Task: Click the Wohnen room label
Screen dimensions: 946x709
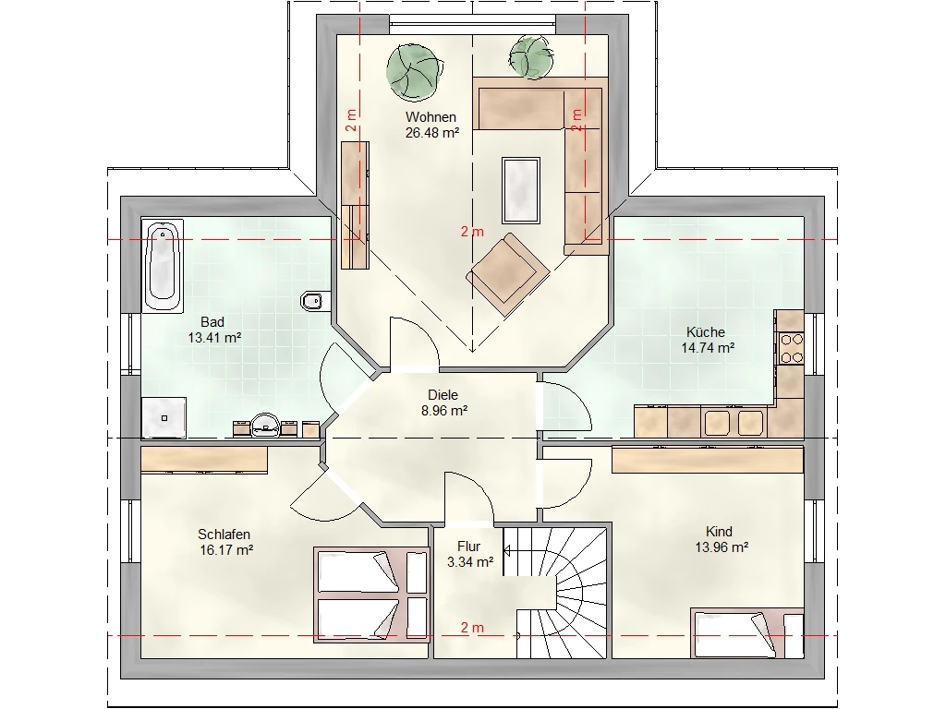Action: point(431,117)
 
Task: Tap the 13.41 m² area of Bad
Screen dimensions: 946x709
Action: point(214,338)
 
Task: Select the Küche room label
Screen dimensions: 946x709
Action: point(706,332)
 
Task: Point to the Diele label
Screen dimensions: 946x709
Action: point(443,395)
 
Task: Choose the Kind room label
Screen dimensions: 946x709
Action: point(719,532)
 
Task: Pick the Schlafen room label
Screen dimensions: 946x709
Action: point(224,535)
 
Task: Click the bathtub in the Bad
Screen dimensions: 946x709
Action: point(163,266)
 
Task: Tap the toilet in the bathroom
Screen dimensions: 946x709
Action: point(314,300)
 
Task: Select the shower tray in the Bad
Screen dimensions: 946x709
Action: point(164,417)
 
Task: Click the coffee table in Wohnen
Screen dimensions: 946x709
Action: point(521,190)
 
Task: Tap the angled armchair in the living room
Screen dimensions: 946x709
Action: point(507,273)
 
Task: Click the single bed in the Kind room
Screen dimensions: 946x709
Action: point(746,633)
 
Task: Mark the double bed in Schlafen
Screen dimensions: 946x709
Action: point(370,595)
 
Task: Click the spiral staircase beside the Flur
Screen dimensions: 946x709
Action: point(555,593)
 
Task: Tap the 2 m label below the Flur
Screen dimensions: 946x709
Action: point(472,628)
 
